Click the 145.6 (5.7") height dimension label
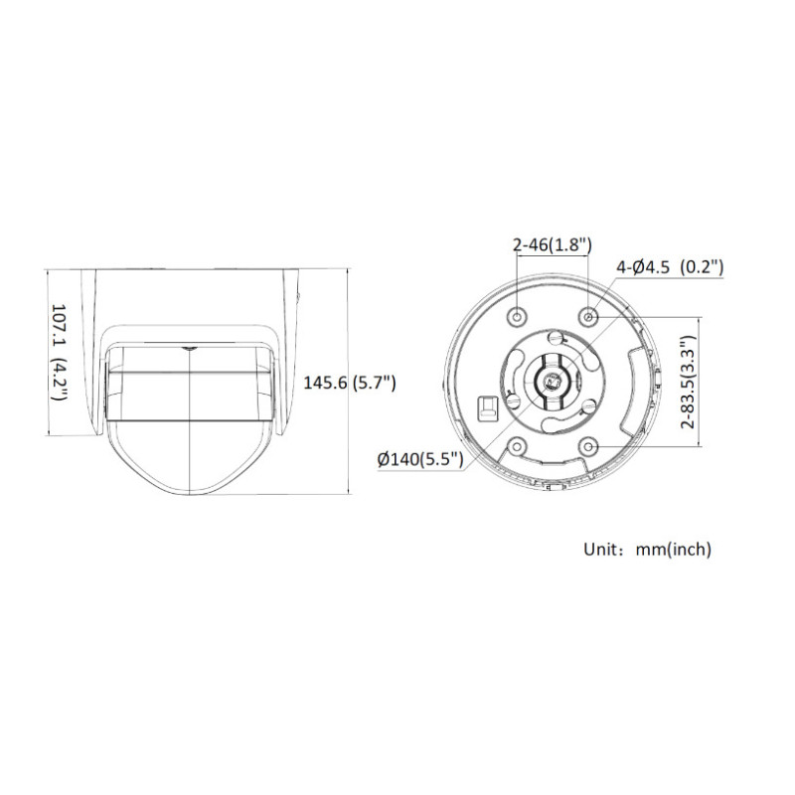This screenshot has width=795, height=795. pos(350,382)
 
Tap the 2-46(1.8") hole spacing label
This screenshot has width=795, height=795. pos(552,243)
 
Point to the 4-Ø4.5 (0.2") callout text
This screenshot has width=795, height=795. pos(669,266)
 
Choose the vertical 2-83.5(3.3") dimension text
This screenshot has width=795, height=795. pos(686,382)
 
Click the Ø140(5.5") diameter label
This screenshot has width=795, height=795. pos(418,459)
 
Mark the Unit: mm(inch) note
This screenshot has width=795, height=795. pos(647,549)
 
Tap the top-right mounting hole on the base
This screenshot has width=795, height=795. pos(589,316)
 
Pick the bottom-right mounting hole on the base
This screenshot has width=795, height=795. pos(589,446)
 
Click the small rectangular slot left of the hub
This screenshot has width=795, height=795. pos(486,409)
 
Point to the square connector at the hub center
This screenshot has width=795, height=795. pos(553,379)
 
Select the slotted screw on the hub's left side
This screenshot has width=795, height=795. pos(513,399)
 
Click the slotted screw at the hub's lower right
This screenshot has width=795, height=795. pos(588,405)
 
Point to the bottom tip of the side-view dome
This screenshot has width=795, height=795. pos(189,491)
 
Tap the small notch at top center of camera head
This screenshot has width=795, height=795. pos(189,349)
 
